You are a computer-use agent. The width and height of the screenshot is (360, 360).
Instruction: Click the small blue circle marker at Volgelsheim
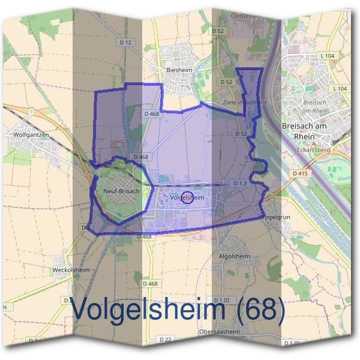click(x=187, y=197)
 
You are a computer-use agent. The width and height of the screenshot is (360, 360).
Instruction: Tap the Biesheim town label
click(x=178, y=70)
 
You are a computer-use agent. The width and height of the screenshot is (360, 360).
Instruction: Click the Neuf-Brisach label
click(x=121, y=191)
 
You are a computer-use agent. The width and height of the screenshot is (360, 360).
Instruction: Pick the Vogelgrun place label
click(x=276, y=217)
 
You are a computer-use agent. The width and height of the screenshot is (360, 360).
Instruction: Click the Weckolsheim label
click(x=72, y=270)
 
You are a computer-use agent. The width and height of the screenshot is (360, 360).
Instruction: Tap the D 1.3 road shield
click(x=239, y=183)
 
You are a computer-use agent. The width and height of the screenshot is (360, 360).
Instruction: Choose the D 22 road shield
click(x=166, y=339)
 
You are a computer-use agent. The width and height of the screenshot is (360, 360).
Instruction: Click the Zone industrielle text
click(x=245, y=103)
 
